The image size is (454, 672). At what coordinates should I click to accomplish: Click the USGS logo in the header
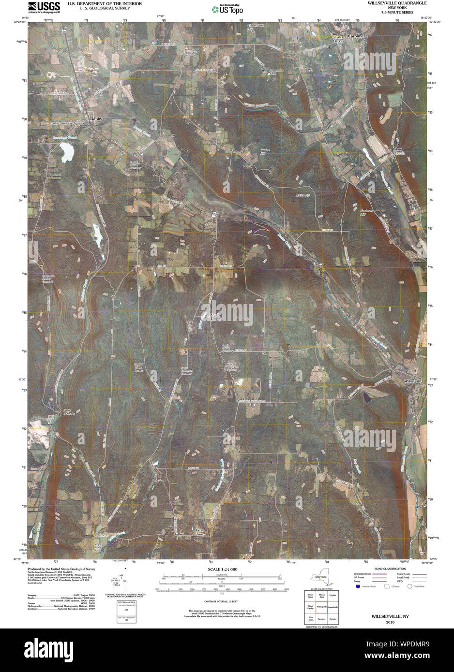point(44,7)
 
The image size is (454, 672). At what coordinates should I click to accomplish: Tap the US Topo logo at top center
point(227,9)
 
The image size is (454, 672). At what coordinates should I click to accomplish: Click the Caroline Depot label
point(337,39)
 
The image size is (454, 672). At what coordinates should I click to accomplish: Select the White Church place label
point(398,151)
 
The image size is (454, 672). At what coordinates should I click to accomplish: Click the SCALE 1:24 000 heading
point(222,570)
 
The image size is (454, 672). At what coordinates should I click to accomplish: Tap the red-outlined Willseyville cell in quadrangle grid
point(321,606)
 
